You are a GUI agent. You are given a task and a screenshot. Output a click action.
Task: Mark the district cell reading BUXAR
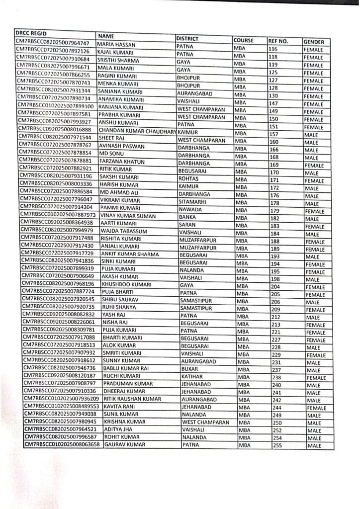[x=189, y=369]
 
